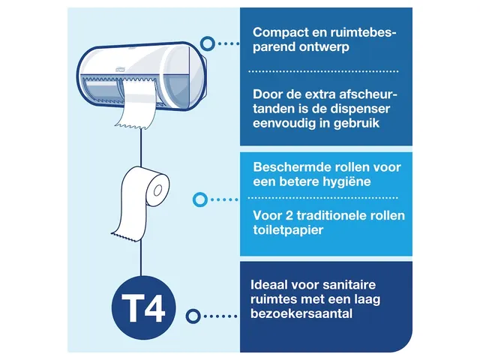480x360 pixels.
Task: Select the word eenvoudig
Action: tap(286, 124)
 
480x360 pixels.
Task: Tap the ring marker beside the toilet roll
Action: tap(199, 200)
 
